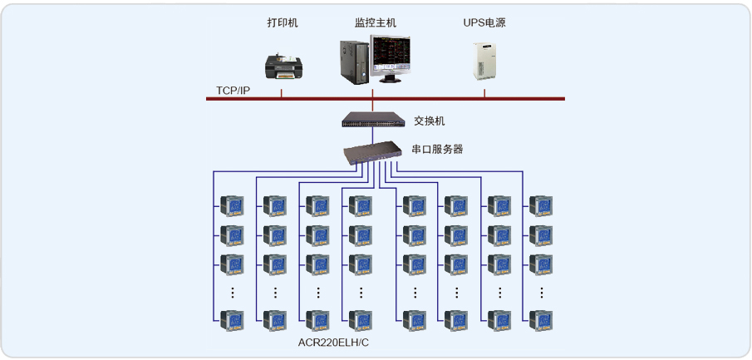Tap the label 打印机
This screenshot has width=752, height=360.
[283, 23]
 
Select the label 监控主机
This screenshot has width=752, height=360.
[376, 23]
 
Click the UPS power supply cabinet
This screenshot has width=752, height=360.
[484, 60]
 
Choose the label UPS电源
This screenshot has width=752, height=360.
[484, 23]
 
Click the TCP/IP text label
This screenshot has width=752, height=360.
[233, 90]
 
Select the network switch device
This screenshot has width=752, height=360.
[372, 120]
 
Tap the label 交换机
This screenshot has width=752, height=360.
[430, 121]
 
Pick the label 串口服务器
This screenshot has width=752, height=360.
[437, 150]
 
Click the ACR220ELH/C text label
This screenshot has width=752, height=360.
[333, 343]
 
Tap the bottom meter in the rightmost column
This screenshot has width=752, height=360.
[541, 319]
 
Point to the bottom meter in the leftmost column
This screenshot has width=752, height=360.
[233, 319]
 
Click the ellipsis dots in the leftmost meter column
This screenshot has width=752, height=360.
[233, 293]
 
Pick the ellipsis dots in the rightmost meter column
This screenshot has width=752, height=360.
[542, 293]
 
